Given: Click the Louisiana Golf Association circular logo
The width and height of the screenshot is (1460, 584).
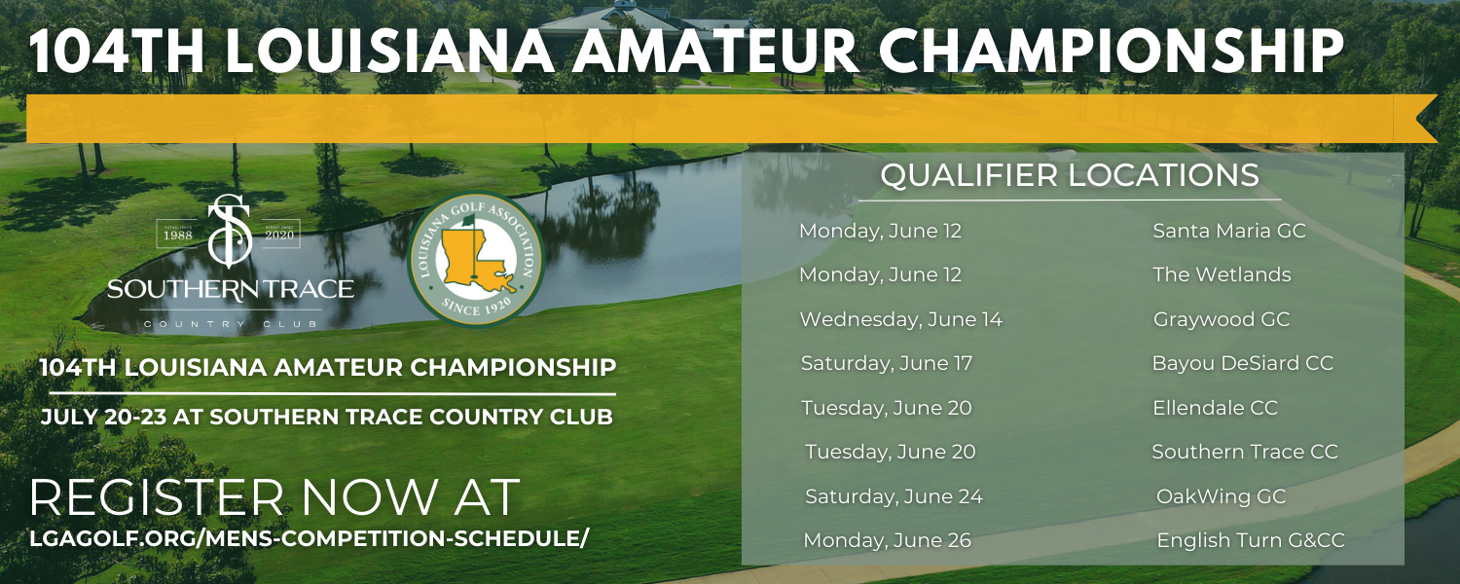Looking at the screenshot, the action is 476,259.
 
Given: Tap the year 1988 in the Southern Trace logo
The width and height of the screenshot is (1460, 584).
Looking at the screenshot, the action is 177,236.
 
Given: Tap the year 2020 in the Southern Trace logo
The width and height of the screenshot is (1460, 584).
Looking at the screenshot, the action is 279,236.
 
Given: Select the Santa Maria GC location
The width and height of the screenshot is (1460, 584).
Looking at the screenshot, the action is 1229,231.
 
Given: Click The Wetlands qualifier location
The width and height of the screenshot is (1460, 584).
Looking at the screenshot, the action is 1222,274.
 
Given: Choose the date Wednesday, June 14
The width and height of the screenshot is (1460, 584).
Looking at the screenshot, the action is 900,319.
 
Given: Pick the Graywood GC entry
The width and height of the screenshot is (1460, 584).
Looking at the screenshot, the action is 1222,319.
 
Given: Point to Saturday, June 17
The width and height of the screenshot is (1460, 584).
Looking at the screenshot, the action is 887,364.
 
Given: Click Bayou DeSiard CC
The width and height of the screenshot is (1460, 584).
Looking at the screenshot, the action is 1242,364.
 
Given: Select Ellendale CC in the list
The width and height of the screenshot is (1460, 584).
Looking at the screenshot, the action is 1215,408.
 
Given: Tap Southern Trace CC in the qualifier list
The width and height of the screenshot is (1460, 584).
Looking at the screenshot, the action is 1244,452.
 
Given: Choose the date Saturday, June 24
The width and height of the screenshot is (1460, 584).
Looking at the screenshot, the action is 894,496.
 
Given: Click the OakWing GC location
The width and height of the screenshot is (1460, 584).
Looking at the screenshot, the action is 1221,496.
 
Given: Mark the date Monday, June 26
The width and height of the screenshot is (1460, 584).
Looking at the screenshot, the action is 887,540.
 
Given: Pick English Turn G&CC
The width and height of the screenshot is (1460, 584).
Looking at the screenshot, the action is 1250,540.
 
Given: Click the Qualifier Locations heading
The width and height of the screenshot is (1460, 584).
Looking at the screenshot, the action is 1070,175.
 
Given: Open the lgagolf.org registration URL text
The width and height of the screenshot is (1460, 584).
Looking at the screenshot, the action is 309,538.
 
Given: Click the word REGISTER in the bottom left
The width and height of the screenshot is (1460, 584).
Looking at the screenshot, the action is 156,498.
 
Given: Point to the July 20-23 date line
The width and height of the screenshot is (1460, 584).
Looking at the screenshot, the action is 326,418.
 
